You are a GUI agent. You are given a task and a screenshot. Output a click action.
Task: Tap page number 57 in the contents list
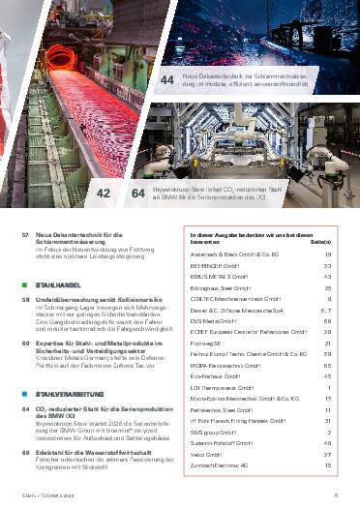pos(24,236)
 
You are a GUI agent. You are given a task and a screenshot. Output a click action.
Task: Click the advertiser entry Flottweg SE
pos(210,343)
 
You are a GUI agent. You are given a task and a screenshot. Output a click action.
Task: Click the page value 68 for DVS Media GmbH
pos(328,320)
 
